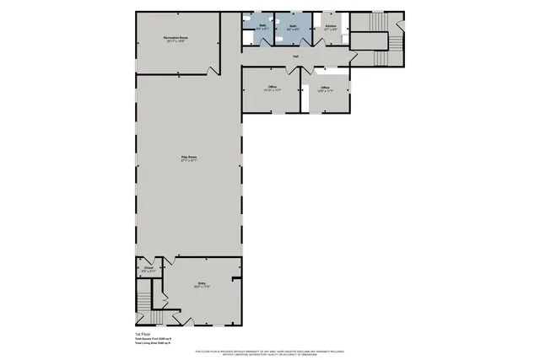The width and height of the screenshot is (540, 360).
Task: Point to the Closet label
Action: [x=148, y=269]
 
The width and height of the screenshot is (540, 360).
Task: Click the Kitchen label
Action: [x=331, y=27]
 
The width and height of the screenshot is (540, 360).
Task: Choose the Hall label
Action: [x=296, y=57]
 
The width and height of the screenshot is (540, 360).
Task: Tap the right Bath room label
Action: [x=293, y=27]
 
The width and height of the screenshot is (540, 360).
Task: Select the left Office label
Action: [x=273, y=87]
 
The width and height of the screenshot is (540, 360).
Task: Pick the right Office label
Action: [x=325, y=88]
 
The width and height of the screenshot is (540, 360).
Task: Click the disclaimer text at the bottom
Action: [x=270, y=352]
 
